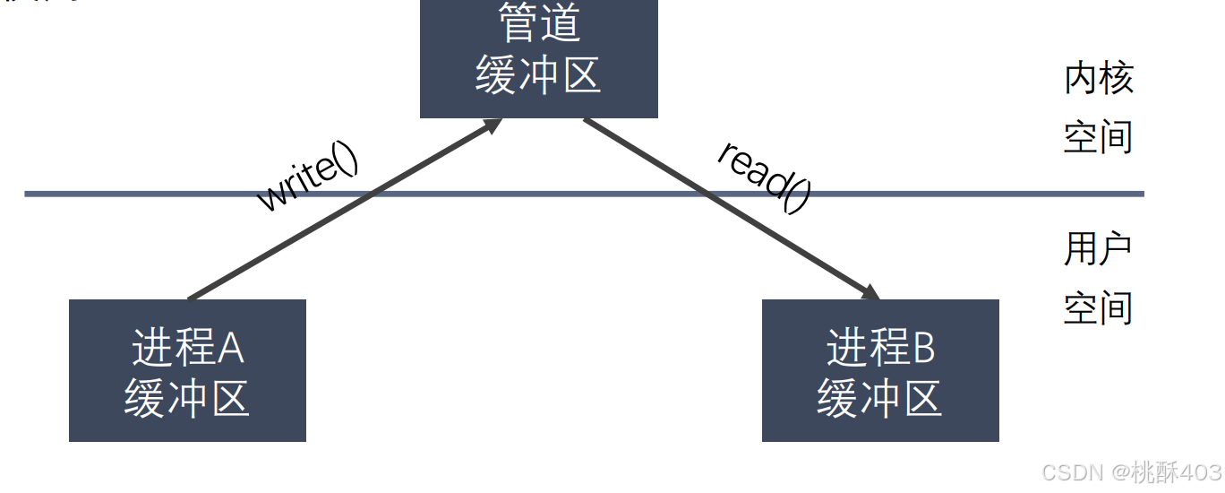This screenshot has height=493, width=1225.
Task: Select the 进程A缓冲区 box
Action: [x=187, y=370]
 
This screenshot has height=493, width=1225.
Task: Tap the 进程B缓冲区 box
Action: [x=879, y=370]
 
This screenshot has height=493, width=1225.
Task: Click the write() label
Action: [x=307, y=177]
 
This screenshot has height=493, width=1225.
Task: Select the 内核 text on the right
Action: [x=1099, y=79]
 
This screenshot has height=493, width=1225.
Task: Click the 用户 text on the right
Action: [x=1099, y=249]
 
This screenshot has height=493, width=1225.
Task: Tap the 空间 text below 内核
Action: [x=1099, y=137]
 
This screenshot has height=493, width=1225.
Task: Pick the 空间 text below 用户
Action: [x=1099, y=307]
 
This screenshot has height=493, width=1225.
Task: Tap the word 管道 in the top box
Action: [x=539, y=22]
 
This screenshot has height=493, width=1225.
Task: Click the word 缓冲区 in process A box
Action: [x=187, y=397]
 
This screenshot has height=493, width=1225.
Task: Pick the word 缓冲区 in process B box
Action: [x=879, y=397]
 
